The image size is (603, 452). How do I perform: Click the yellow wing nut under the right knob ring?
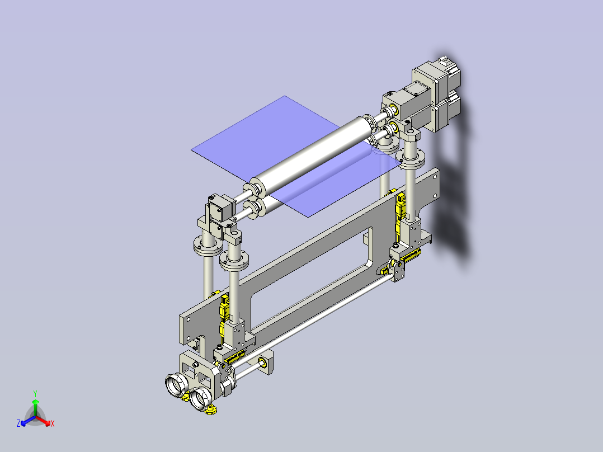coord(211,412)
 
